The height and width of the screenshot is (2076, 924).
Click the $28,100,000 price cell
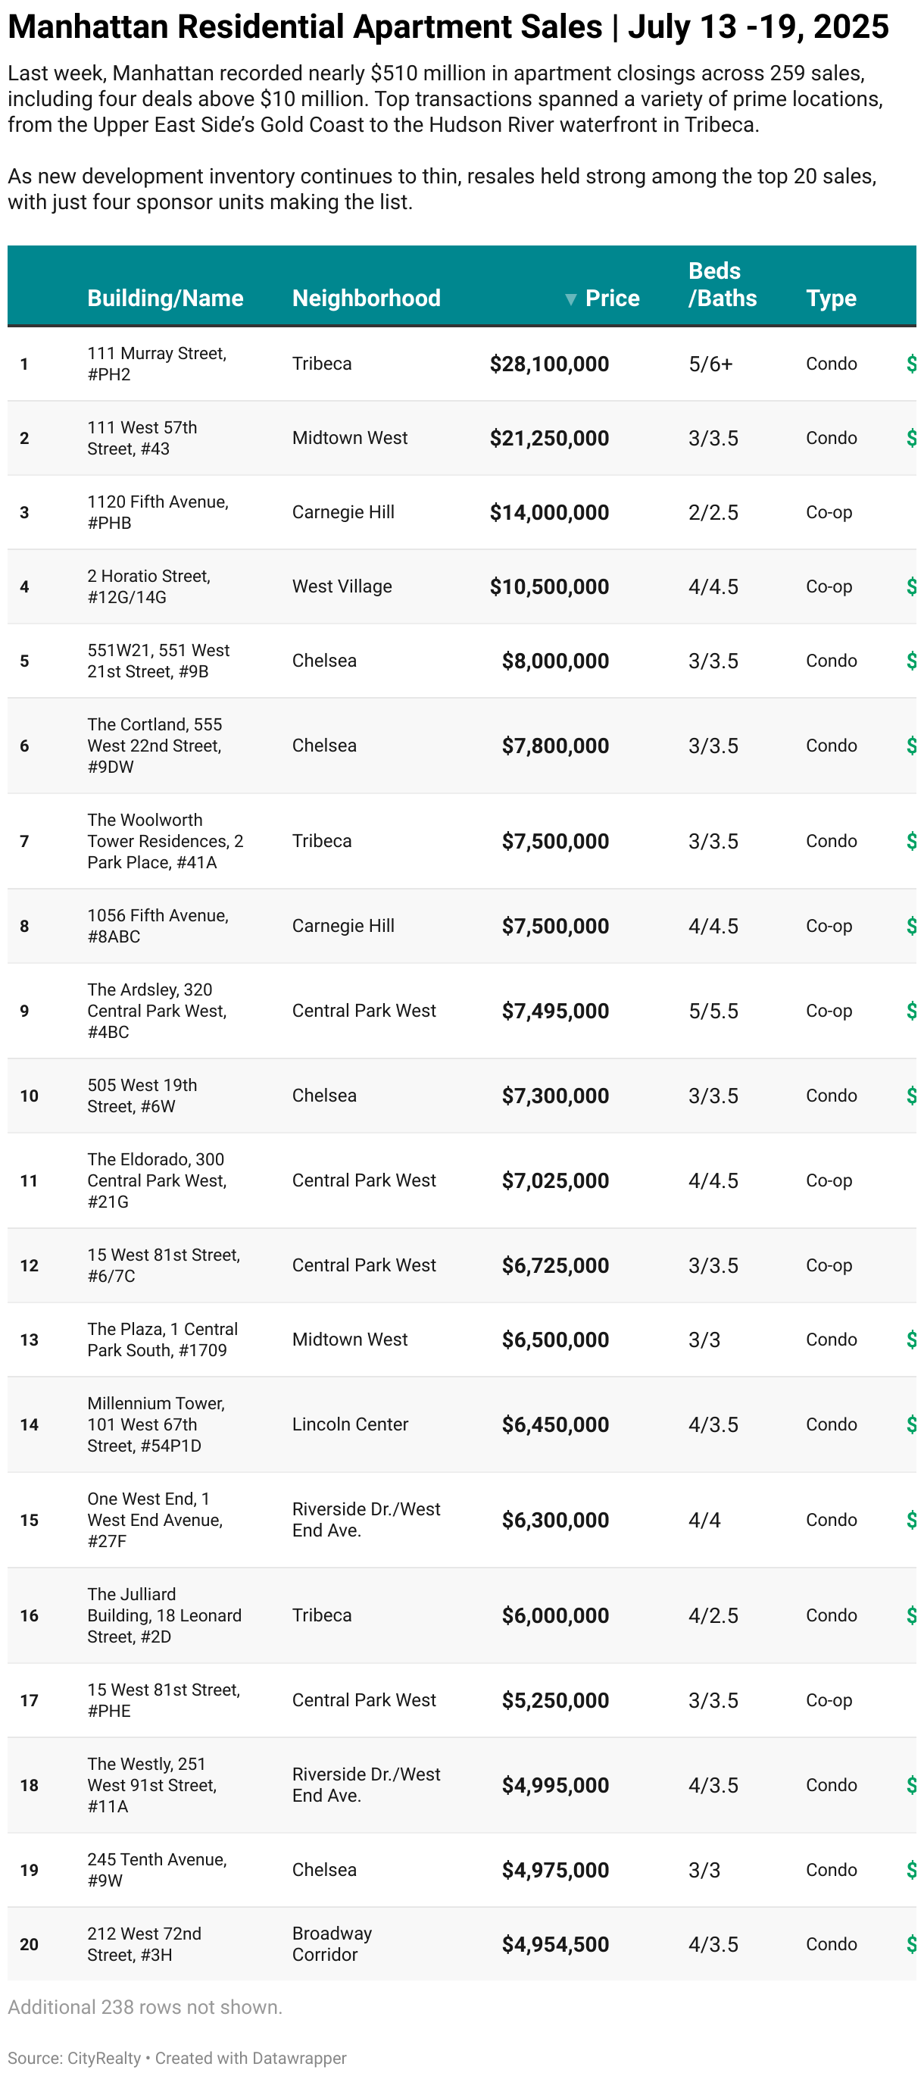[548, 364]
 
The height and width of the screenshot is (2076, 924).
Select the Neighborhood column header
[366, 299]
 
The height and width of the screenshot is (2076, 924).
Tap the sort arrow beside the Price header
[570, 300]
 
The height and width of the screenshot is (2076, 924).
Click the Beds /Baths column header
[722, 284]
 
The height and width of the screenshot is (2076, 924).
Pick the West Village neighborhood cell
[342, 586]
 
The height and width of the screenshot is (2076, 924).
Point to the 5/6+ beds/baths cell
[710, 364]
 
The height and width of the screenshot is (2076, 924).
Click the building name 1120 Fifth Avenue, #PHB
[158, 512]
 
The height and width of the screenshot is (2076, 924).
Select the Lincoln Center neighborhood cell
[350, 1425]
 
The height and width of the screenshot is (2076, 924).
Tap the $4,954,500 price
[554, 1945]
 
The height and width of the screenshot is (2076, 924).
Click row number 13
[29, 1340]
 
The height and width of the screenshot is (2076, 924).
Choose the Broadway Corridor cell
[331, 1944]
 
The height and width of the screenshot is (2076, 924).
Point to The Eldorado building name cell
[157, 1180]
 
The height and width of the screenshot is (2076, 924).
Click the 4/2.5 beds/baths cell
[713, 1616]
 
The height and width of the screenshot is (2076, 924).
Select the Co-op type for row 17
[828, 1700]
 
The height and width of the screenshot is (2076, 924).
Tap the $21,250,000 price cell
[548, 439]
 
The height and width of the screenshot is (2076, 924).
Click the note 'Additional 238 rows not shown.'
[145, 2008]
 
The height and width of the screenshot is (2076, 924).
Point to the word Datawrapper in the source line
[300, 2059]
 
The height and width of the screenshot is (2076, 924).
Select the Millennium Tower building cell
[155, 1425]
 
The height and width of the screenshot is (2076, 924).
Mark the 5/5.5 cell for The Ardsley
[713, 1011]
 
